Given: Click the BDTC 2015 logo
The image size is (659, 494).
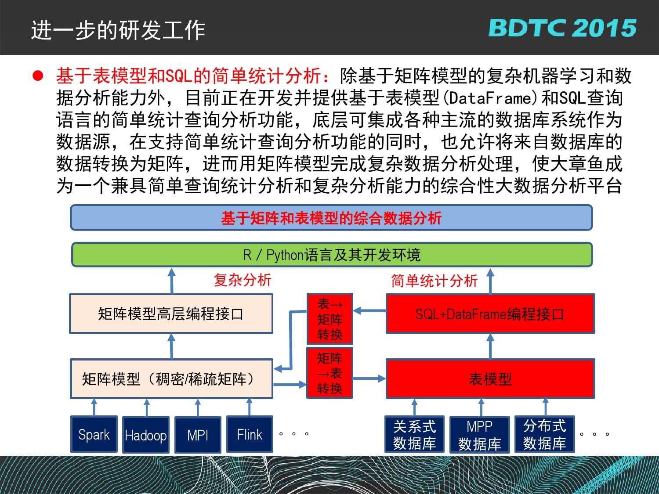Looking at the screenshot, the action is point(562,28).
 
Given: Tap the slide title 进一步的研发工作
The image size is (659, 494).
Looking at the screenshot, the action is point(118,30).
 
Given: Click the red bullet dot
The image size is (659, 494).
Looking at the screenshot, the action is point(38,76).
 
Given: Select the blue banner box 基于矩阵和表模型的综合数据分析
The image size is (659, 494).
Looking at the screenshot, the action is point(331,218).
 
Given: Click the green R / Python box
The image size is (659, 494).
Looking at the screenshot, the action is point(332,255).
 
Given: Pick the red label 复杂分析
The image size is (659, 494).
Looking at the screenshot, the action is point(243,280).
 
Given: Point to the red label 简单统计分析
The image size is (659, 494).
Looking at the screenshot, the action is point(435,281).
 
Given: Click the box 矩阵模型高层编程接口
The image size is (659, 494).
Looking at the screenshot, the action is point(171,314).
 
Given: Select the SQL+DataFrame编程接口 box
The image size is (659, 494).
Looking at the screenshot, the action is point(490,314).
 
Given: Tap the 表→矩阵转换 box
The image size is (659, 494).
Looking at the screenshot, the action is point(329,319).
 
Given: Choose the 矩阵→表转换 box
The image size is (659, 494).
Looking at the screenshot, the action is point(329,373).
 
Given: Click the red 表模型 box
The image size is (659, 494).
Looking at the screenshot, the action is point(490,379).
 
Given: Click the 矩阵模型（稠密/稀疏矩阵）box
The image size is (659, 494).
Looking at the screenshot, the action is point(171,379).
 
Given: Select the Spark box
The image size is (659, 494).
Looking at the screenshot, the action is point(94,434).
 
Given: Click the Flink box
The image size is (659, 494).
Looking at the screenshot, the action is point(250,434).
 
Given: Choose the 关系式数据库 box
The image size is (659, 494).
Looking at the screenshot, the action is point(415,434).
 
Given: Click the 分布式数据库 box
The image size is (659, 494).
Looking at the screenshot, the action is point(545,434).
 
